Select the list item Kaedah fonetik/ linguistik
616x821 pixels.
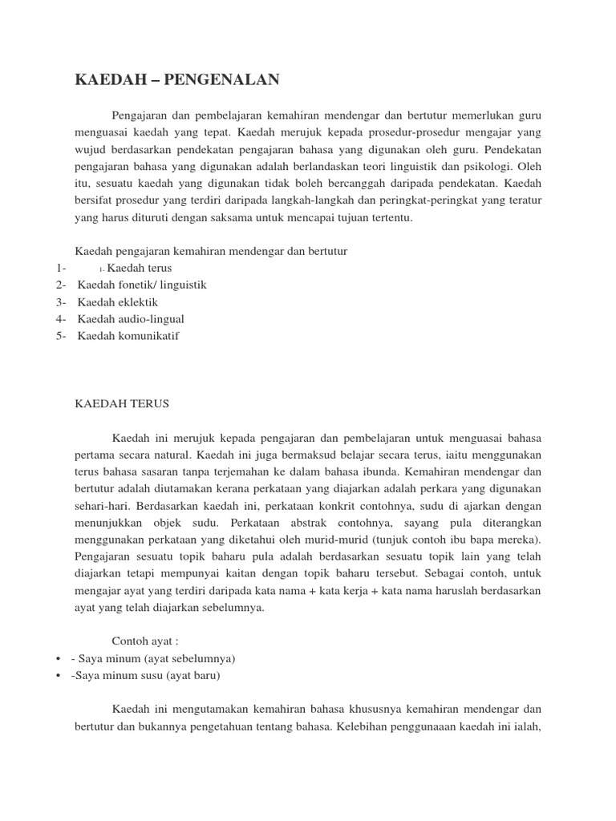click(x=141, y=285)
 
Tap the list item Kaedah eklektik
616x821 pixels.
click(x=117, y=301)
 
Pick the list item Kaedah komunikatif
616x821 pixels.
click(x=128, y=335)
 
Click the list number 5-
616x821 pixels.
click(x=62, y=335)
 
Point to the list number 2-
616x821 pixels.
click(x=62, y=285)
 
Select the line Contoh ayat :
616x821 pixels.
click(x=144, y=641)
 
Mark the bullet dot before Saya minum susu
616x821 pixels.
click(x=60, y=675)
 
